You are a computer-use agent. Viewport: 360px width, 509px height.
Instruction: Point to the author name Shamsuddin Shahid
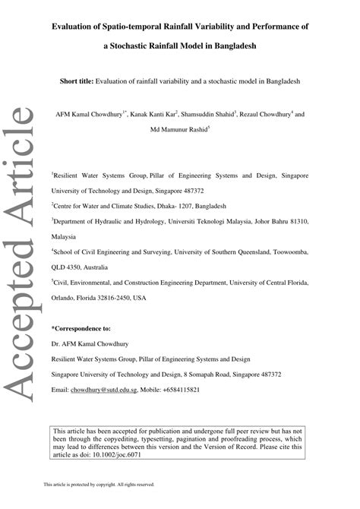(x=209, y=115)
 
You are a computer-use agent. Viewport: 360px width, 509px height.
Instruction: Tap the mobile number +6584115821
(x=182, y=390)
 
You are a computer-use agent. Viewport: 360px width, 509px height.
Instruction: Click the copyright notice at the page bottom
(x=99, y=484)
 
